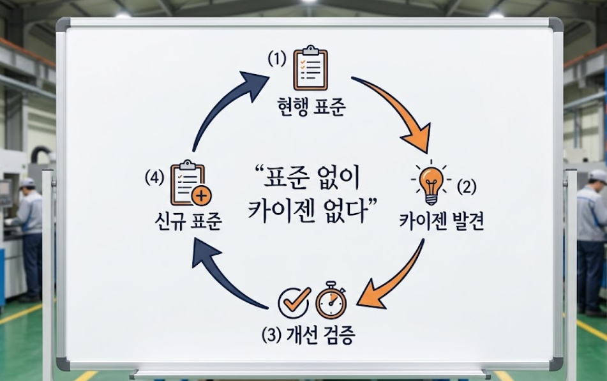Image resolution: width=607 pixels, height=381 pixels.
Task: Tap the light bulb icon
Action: pyautogui.click(x=430, y=182)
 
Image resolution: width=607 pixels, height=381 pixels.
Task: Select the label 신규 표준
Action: pyautogui.click(x=188, y=221)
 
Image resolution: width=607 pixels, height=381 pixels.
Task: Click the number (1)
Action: pyautogui.click(x=277, y=59)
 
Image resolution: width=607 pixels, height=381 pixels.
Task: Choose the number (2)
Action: pyautogui.click(x=467, y=188)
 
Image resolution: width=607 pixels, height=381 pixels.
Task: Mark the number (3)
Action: pyautogui.click(x=271, y=335)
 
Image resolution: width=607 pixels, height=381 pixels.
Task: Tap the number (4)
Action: pyautogui.click(x=154, y=179)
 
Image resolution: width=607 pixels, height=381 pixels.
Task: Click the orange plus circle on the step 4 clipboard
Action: pyautogui.click(x=201, y=197)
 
